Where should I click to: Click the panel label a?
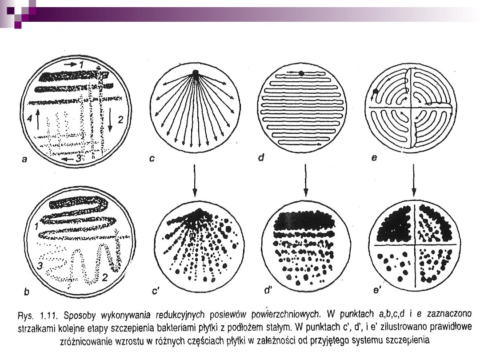(x=24, y=159)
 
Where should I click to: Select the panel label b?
(x=27, y=292)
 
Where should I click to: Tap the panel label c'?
(x=156, y=291)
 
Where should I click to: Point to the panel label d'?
(x=268, y=290)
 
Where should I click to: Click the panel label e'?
(x=377, y=290)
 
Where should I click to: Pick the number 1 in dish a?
(x=81, y=64)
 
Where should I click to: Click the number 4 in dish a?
(x=30, y=118)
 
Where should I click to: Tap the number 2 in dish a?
(x=120, y=120)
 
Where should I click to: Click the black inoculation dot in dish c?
(x=195, y=73)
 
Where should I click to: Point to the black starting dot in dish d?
(x=301, y=73)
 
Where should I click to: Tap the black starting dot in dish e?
(x=375, y=91)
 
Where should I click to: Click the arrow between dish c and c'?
(x=194, y=180)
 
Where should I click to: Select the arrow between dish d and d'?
(x=305, y=180)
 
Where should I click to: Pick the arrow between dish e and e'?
(x=414, y=180)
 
